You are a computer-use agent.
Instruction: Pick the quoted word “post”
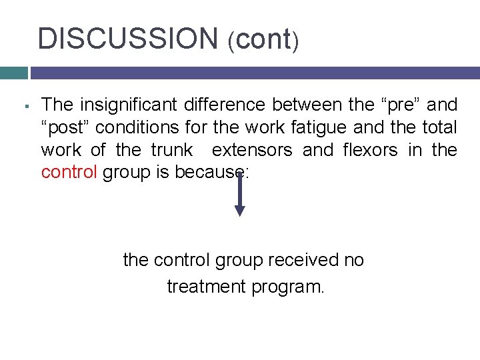click(x=67, y=127)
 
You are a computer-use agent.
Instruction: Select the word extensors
click(x=252, y=150)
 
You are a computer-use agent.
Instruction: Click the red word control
click(x=69, y=173)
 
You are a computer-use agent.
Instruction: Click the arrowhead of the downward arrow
click(x=240, y=210)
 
